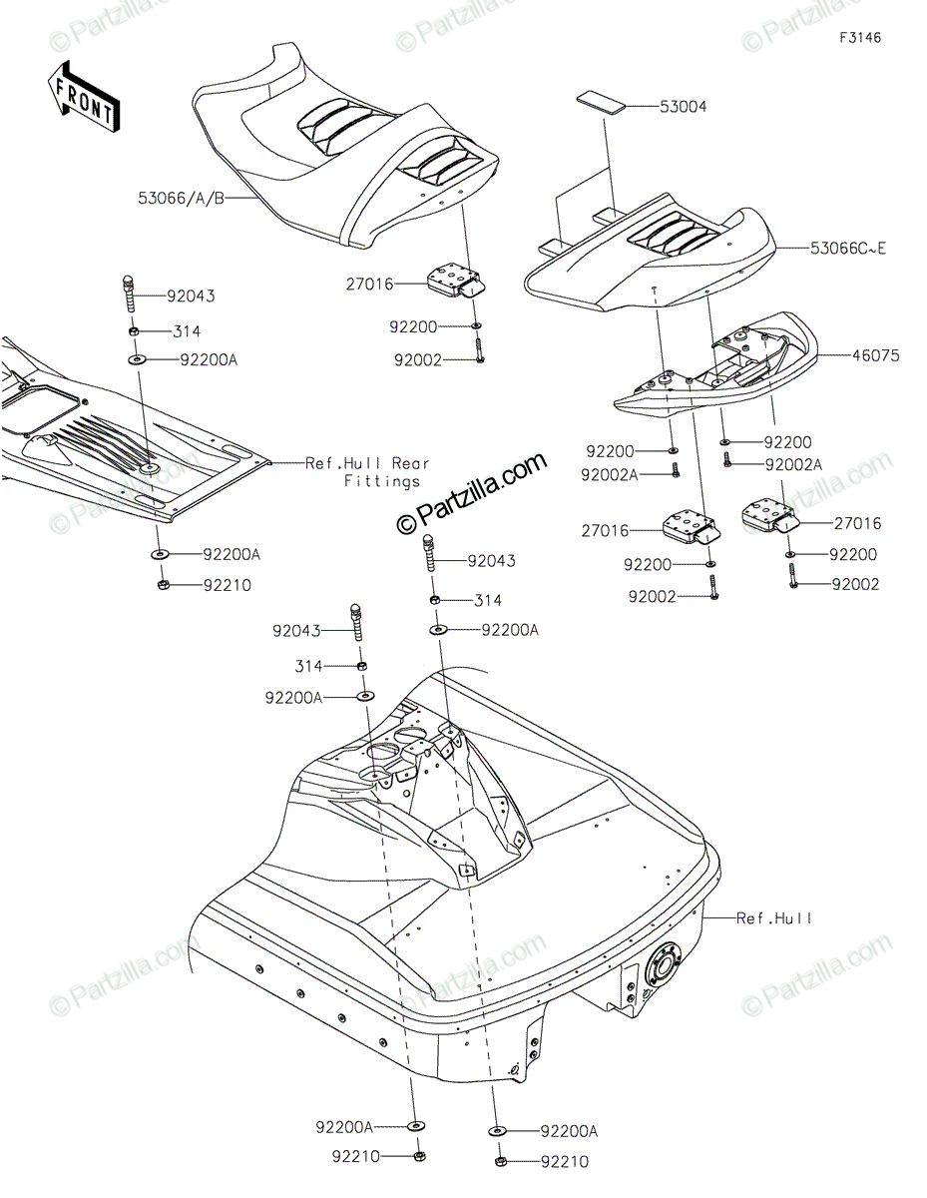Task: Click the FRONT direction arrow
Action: [85, 97]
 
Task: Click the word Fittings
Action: [382, 481]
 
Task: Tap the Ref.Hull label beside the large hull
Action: [773, 917]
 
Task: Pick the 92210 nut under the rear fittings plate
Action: [161, 586]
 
